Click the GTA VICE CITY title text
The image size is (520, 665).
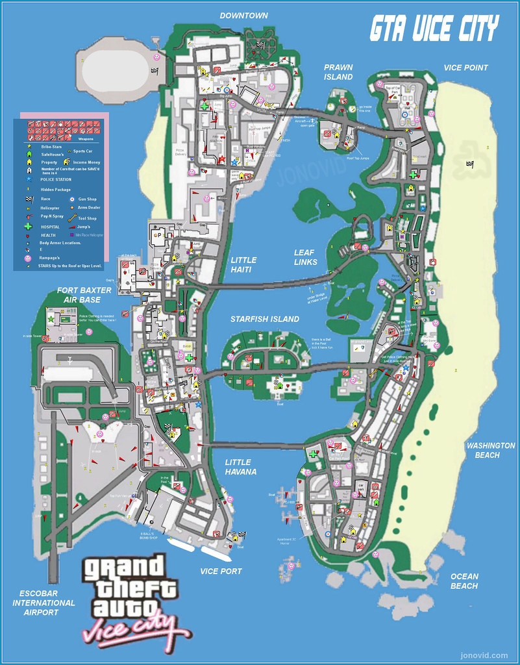coord(434,29)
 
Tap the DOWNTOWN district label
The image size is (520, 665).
coord(243,16)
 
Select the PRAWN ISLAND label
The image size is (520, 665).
coord(338,72)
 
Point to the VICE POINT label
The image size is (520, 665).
coord(465,68)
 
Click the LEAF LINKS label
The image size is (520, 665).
coord(305,257)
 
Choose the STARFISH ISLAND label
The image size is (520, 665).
coord(265,319)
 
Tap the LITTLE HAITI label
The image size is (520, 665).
coord(243,264)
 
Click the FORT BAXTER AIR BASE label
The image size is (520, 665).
coord(84,295)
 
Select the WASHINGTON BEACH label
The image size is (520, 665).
coord(490,450)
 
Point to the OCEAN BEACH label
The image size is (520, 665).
coord(464,581)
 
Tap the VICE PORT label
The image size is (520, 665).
coord(221,571)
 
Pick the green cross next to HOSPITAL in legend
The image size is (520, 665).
coord(28,227)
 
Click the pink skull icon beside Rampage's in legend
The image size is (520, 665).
coord(28,258)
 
